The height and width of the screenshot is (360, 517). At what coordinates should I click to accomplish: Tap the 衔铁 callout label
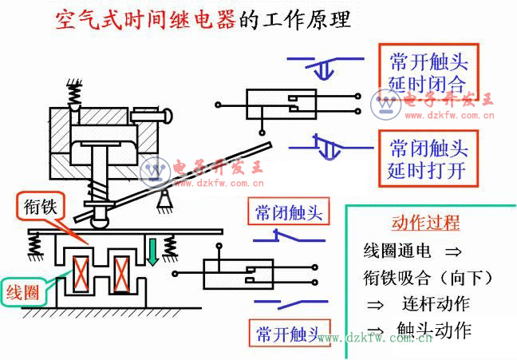click(x=37, y=208)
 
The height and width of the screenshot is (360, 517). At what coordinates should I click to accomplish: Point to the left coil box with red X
click(x=81, y=271)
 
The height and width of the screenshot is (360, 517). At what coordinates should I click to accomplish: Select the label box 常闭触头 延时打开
click(x=427, y=159)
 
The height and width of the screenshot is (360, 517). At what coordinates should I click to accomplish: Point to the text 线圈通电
click(x=397, y=251)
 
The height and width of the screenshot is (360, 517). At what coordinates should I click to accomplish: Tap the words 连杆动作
click(x=436, y=304)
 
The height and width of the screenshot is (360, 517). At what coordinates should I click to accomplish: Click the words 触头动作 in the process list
click(x=434, y=330)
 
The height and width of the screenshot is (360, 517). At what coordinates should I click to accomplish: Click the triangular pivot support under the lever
click(x=167, y=194)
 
